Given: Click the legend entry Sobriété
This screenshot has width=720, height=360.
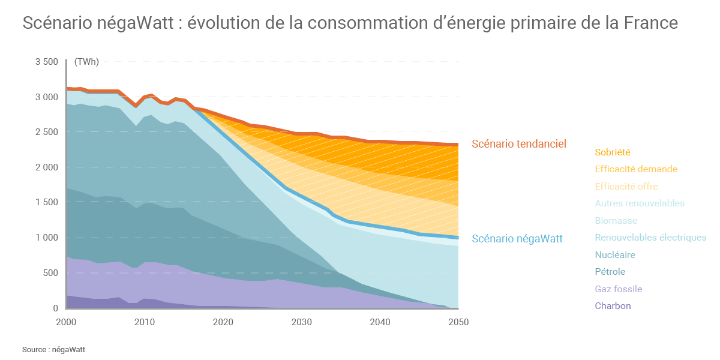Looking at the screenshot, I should pyautogui.click(x=613, y=152).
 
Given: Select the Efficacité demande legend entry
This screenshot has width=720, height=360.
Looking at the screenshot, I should pyautogui.click(x=636, y=169).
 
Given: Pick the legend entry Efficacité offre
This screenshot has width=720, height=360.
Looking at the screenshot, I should pyautogui.click(x=626, y=187).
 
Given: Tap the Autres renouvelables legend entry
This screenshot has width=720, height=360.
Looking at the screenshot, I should pyautogui.click(x=640, y=203).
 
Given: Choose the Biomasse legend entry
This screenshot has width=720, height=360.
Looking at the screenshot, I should pyautogui.click(x=616, y=221).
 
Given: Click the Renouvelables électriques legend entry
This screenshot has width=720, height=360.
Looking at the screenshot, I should pyautogui.click(x=650, y=238).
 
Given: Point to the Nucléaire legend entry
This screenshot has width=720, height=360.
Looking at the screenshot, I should pyautogui.click(x=615, y=255).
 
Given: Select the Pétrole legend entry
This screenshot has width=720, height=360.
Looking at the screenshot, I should pyautogui.click(x=610, y=272).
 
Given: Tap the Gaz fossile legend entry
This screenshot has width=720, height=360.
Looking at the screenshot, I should pyautogui.click(x=619, y=289).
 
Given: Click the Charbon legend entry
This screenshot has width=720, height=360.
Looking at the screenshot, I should pyautogui.click(x=613, y=306).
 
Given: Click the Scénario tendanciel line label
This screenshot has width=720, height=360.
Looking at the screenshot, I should pyautogui.click(x=519, y=144).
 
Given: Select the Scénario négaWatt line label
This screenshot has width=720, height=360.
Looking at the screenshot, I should pyautogui.click(x=517, y=239).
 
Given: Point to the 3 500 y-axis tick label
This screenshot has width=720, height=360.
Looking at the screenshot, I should pyautogui.click(x=47, y=62).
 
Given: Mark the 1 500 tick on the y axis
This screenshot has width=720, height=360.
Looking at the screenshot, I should pyautogui.click(x=47, y=202).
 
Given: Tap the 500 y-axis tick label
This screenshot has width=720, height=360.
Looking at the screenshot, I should pyautogui.click(x=50, y=273).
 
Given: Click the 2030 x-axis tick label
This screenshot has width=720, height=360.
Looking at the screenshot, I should pyautogui.click(x=302, y=322).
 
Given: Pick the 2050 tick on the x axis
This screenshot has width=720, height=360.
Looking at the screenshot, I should pyautogui.click(x=458, y=322).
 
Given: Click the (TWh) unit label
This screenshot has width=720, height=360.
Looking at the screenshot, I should pyautogui.click(x=86, y=62).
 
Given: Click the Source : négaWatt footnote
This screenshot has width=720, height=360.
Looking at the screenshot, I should pyautogui.click(x=54, y=349).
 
